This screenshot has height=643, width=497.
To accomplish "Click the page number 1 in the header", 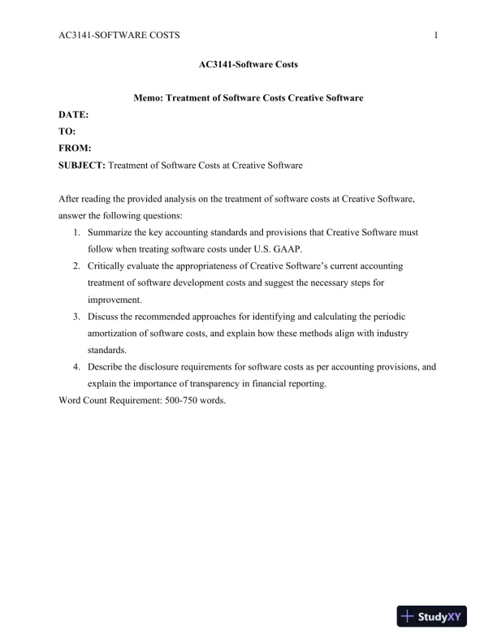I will [437, 35].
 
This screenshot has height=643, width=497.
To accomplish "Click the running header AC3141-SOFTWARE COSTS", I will [119, 35].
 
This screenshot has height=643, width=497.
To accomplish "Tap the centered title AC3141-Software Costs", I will [248, 63].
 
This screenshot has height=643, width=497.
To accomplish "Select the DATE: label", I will [74, 116].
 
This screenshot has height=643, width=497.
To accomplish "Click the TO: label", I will [68, 132].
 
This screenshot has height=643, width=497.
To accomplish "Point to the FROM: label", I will [76, 149].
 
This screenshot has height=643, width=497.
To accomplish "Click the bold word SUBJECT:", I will [82, 166].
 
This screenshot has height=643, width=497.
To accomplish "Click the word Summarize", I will [111, 232].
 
